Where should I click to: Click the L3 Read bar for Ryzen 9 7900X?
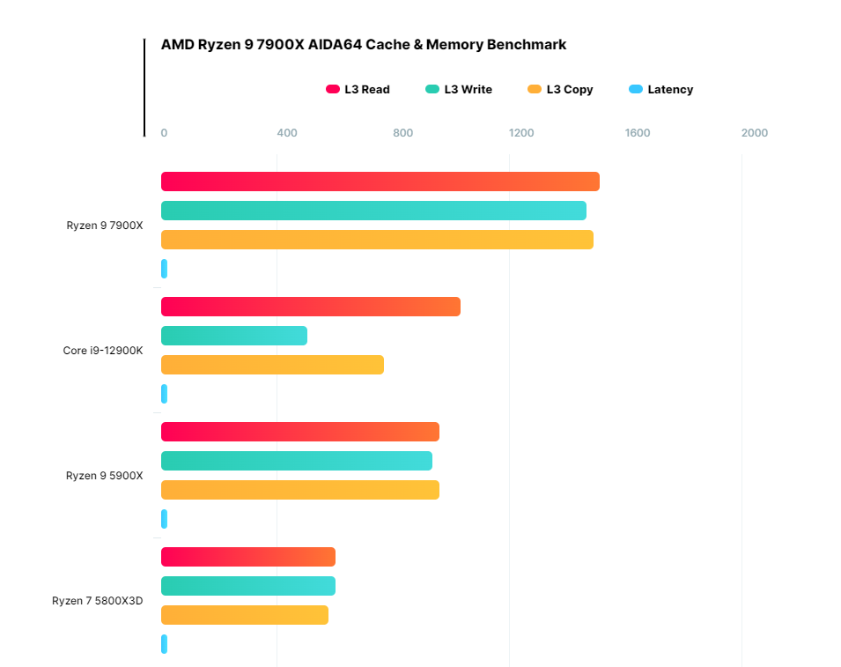pyautogui.click(x=380, y=182)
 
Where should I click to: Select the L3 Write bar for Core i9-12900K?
pyautogui.click(x=234, y=336)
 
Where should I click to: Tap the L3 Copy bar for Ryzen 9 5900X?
pyautogui.click(x=299, y=490)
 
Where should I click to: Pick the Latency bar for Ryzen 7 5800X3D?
pyautogui.click(x=164, y=644)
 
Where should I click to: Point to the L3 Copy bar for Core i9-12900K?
pyautogui.click(x=272, y=365)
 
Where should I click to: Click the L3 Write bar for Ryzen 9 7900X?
pyautogui.click(x=373, y=211)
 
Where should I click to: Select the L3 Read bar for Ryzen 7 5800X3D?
pyautogui.click(x=248, y=557)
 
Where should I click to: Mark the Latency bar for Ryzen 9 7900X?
pyautogui.click(x=164, y=269)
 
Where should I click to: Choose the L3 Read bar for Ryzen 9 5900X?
pyautogui.click(x=299, y=432)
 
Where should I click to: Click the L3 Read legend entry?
pyautogui.click(x=358, y=89)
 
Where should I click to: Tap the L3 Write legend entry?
pyautogui.click(x=459, y=89)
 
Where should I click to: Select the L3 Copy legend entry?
pyautogui.click(x=560, y=89)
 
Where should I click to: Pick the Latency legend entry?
pyautogui.click(x=661, y=89)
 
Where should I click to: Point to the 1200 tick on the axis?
pyautogui.click(x=521, y=133)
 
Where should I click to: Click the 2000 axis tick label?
pyautogui.click(x=754, y=133)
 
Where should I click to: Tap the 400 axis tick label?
pyautogui.click(x=287, y=133)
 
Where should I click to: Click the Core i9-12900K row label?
pyautogui.click(x=102, y=351)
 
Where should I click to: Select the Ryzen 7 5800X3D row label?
pyautogui.click(x=97, y=601)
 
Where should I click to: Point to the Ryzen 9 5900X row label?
pyautogui.click(x=104, y=476)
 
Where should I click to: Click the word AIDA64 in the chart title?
pyautogui.click(x=339, y=44)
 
